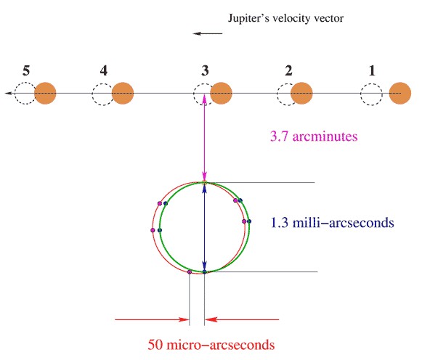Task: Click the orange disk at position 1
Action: tap(400, 94)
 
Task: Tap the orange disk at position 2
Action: tap(301, 94)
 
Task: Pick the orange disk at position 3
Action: tap(222, 94)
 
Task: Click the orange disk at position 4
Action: tap(123, 94)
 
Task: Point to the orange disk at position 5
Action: tap(45, 94)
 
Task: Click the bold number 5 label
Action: tap(26, 70)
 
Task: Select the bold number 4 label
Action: tap(104, 70)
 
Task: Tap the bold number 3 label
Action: tap(205, 70)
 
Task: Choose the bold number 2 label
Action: tap(288, 70)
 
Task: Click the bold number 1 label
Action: tap(372, 70)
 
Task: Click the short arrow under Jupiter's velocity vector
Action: tap(208, 33)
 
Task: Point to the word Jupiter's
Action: tap(248, 19)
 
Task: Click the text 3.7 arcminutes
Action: tap(314, 136)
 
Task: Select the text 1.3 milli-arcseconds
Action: tap(333, 223)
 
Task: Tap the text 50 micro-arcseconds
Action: tap(211, 345)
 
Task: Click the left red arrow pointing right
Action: tap(152, 319)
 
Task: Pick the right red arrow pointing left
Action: tap(242, 319)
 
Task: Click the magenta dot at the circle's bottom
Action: tap(190, 272)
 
